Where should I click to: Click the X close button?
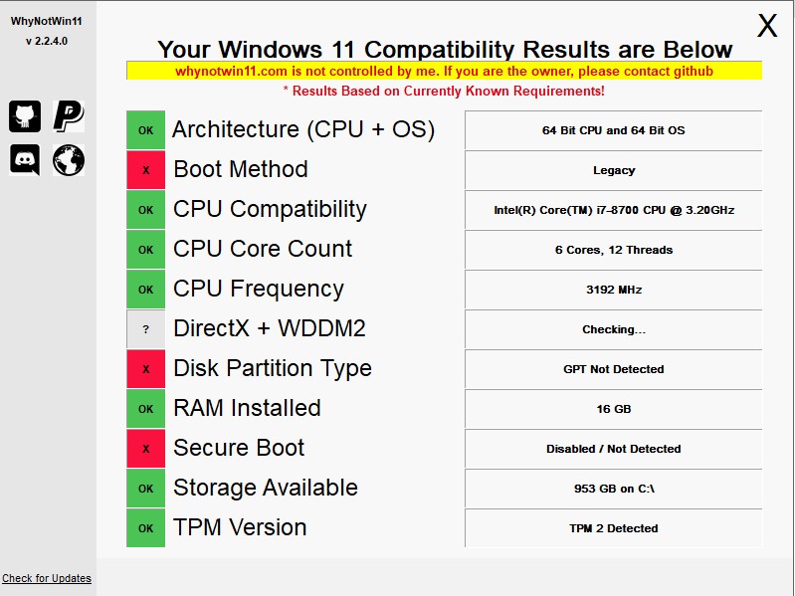coord(767,25)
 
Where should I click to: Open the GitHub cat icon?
coord(25,116)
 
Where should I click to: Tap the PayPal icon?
coord(69,116)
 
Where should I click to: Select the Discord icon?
coord(25,159)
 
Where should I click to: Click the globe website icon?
coord(69,160)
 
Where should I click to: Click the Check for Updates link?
coord(47,578)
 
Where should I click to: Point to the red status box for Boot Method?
coord(145,170)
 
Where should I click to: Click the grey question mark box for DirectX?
coord(145,329)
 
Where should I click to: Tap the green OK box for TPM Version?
coord(145,528)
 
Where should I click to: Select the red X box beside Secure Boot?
coord(145,449)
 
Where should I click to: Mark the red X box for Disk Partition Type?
coord(145,369)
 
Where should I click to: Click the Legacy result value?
coord(614,171)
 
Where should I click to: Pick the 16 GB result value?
coord(614,409)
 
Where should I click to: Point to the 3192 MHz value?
coord(614,290)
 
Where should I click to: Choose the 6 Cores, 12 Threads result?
coord(614,250)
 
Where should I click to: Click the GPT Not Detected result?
coord(614,369)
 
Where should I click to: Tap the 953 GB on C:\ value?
coord(614,489)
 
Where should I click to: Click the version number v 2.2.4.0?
coord(47,41)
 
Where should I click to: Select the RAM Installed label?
coord(247,408)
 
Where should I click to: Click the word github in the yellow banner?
coord(694,72)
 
